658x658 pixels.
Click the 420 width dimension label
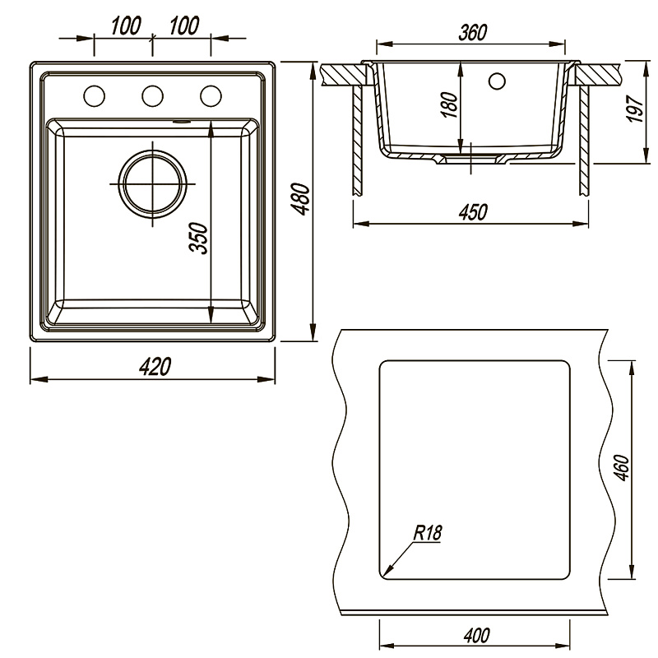pyautogui.click(x=155, y=367)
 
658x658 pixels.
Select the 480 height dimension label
pyautogui.click(x=301, y=199)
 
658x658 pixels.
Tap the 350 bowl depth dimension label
pyautogui.click(x=199, y=239)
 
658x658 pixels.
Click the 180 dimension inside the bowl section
pyautogui.click(x=449, y=105)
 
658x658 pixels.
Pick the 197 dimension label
pyautogui.click(x=634, y=109)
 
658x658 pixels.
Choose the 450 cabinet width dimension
pyautogui.click(x=473, y=212)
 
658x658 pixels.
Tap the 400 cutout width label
pyautogui.click(x=477, y=635)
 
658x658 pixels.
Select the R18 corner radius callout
pyautogui.click(x=428, y=533)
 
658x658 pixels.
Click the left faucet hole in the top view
pyautogui.click(x=94, y=96)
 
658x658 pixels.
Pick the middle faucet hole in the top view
pyautogui.click(x=152, y=96)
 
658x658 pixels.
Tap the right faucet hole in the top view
pyautogui.click(x=211, y=96)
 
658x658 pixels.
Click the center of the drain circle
pyautogui.click(x=152, y=184)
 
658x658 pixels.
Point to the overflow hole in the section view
pyautogui.click(x=498, y=81)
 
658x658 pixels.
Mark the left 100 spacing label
pyautogui.click(x=127, y=26)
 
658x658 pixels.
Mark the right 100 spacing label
pyautogui.click(x=183, y=26)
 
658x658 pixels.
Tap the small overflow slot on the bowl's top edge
pyautogui.click(x=181, y=122)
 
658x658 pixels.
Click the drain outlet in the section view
pyautogui.click(x=471, y=158)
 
